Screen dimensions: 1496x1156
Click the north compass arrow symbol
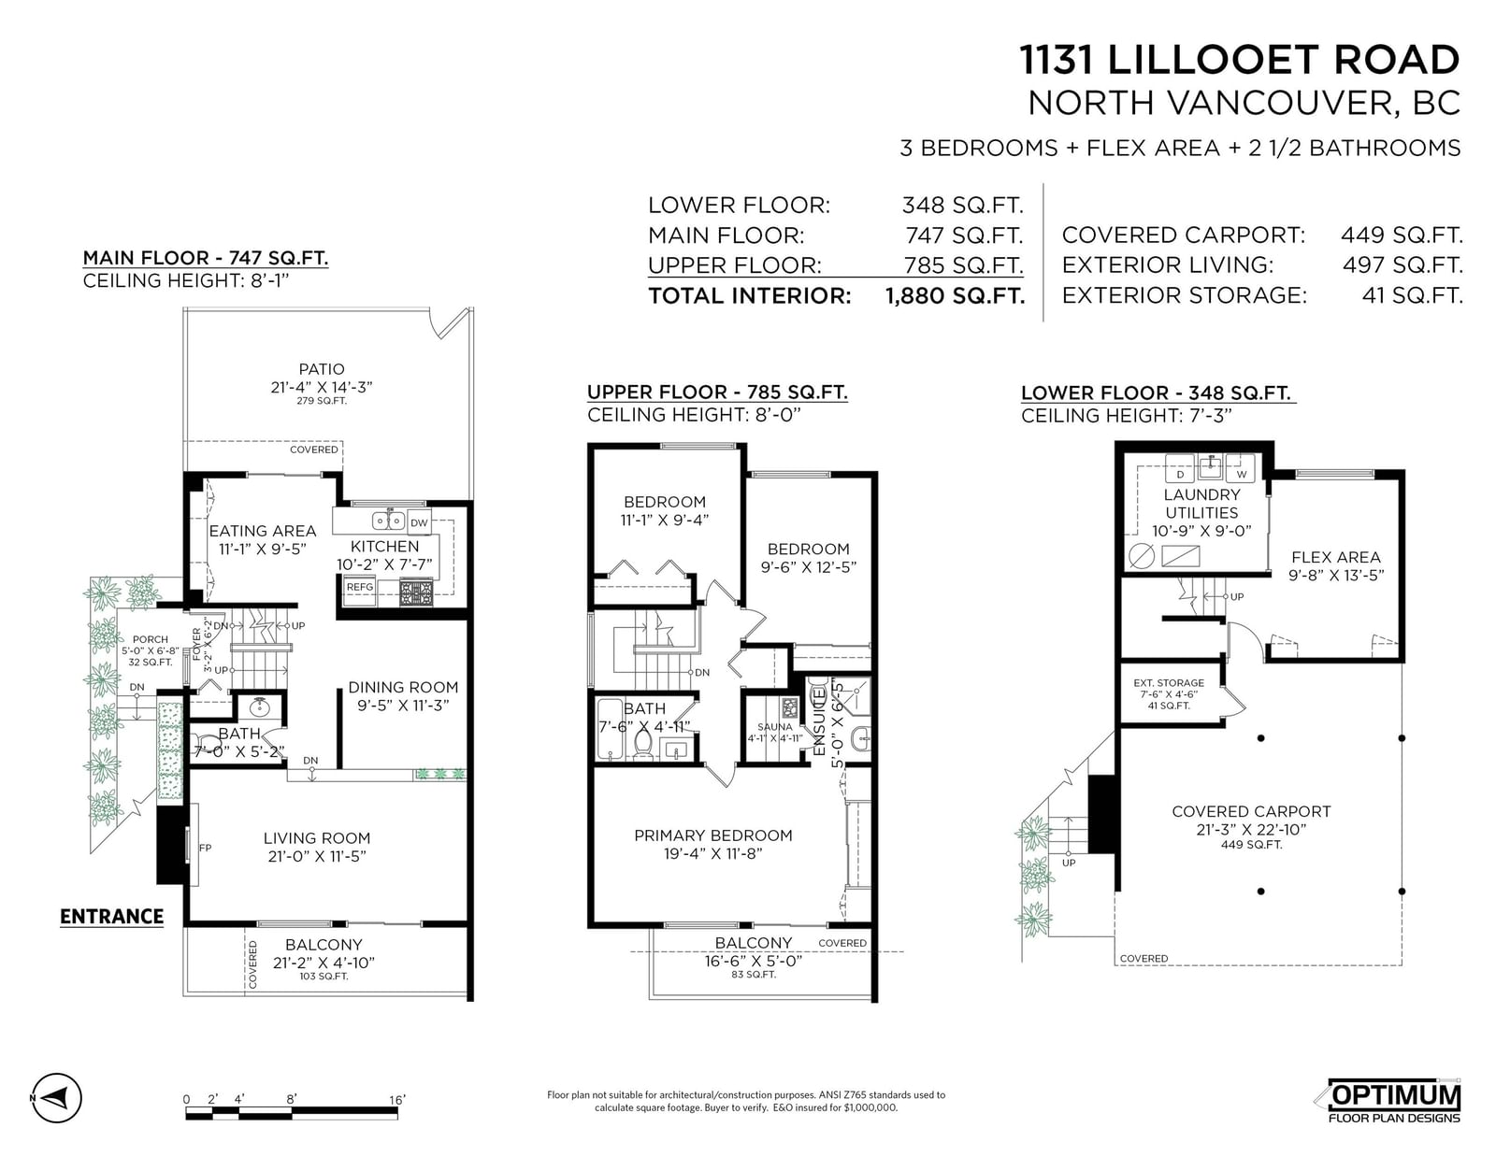56,1097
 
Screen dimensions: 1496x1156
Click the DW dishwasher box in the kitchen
419,521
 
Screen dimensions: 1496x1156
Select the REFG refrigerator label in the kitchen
359,587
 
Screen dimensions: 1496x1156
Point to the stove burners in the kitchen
416,593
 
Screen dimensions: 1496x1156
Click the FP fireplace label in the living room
205,848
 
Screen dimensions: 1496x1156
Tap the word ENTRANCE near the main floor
111,917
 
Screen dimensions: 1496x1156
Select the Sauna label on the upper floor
774,727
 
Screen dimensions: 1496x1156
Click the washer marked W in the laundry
1242,474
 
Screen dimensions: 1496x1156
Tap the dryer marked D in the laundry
1180,474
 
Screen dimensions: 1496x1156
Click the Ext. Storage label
1169,682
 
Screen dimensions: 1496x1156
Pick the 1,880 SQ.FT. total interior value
955,296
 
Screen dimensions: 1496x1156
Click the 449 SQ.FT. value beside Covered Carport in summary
1402,235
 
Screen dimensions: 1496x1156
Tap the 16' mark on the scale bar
396,1100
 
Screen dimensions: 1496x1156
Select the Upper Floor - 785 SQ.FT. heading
717,392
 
